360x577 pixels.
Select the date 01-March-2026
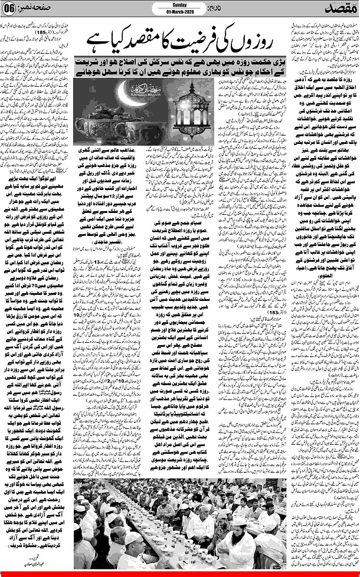pos(179,12)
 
